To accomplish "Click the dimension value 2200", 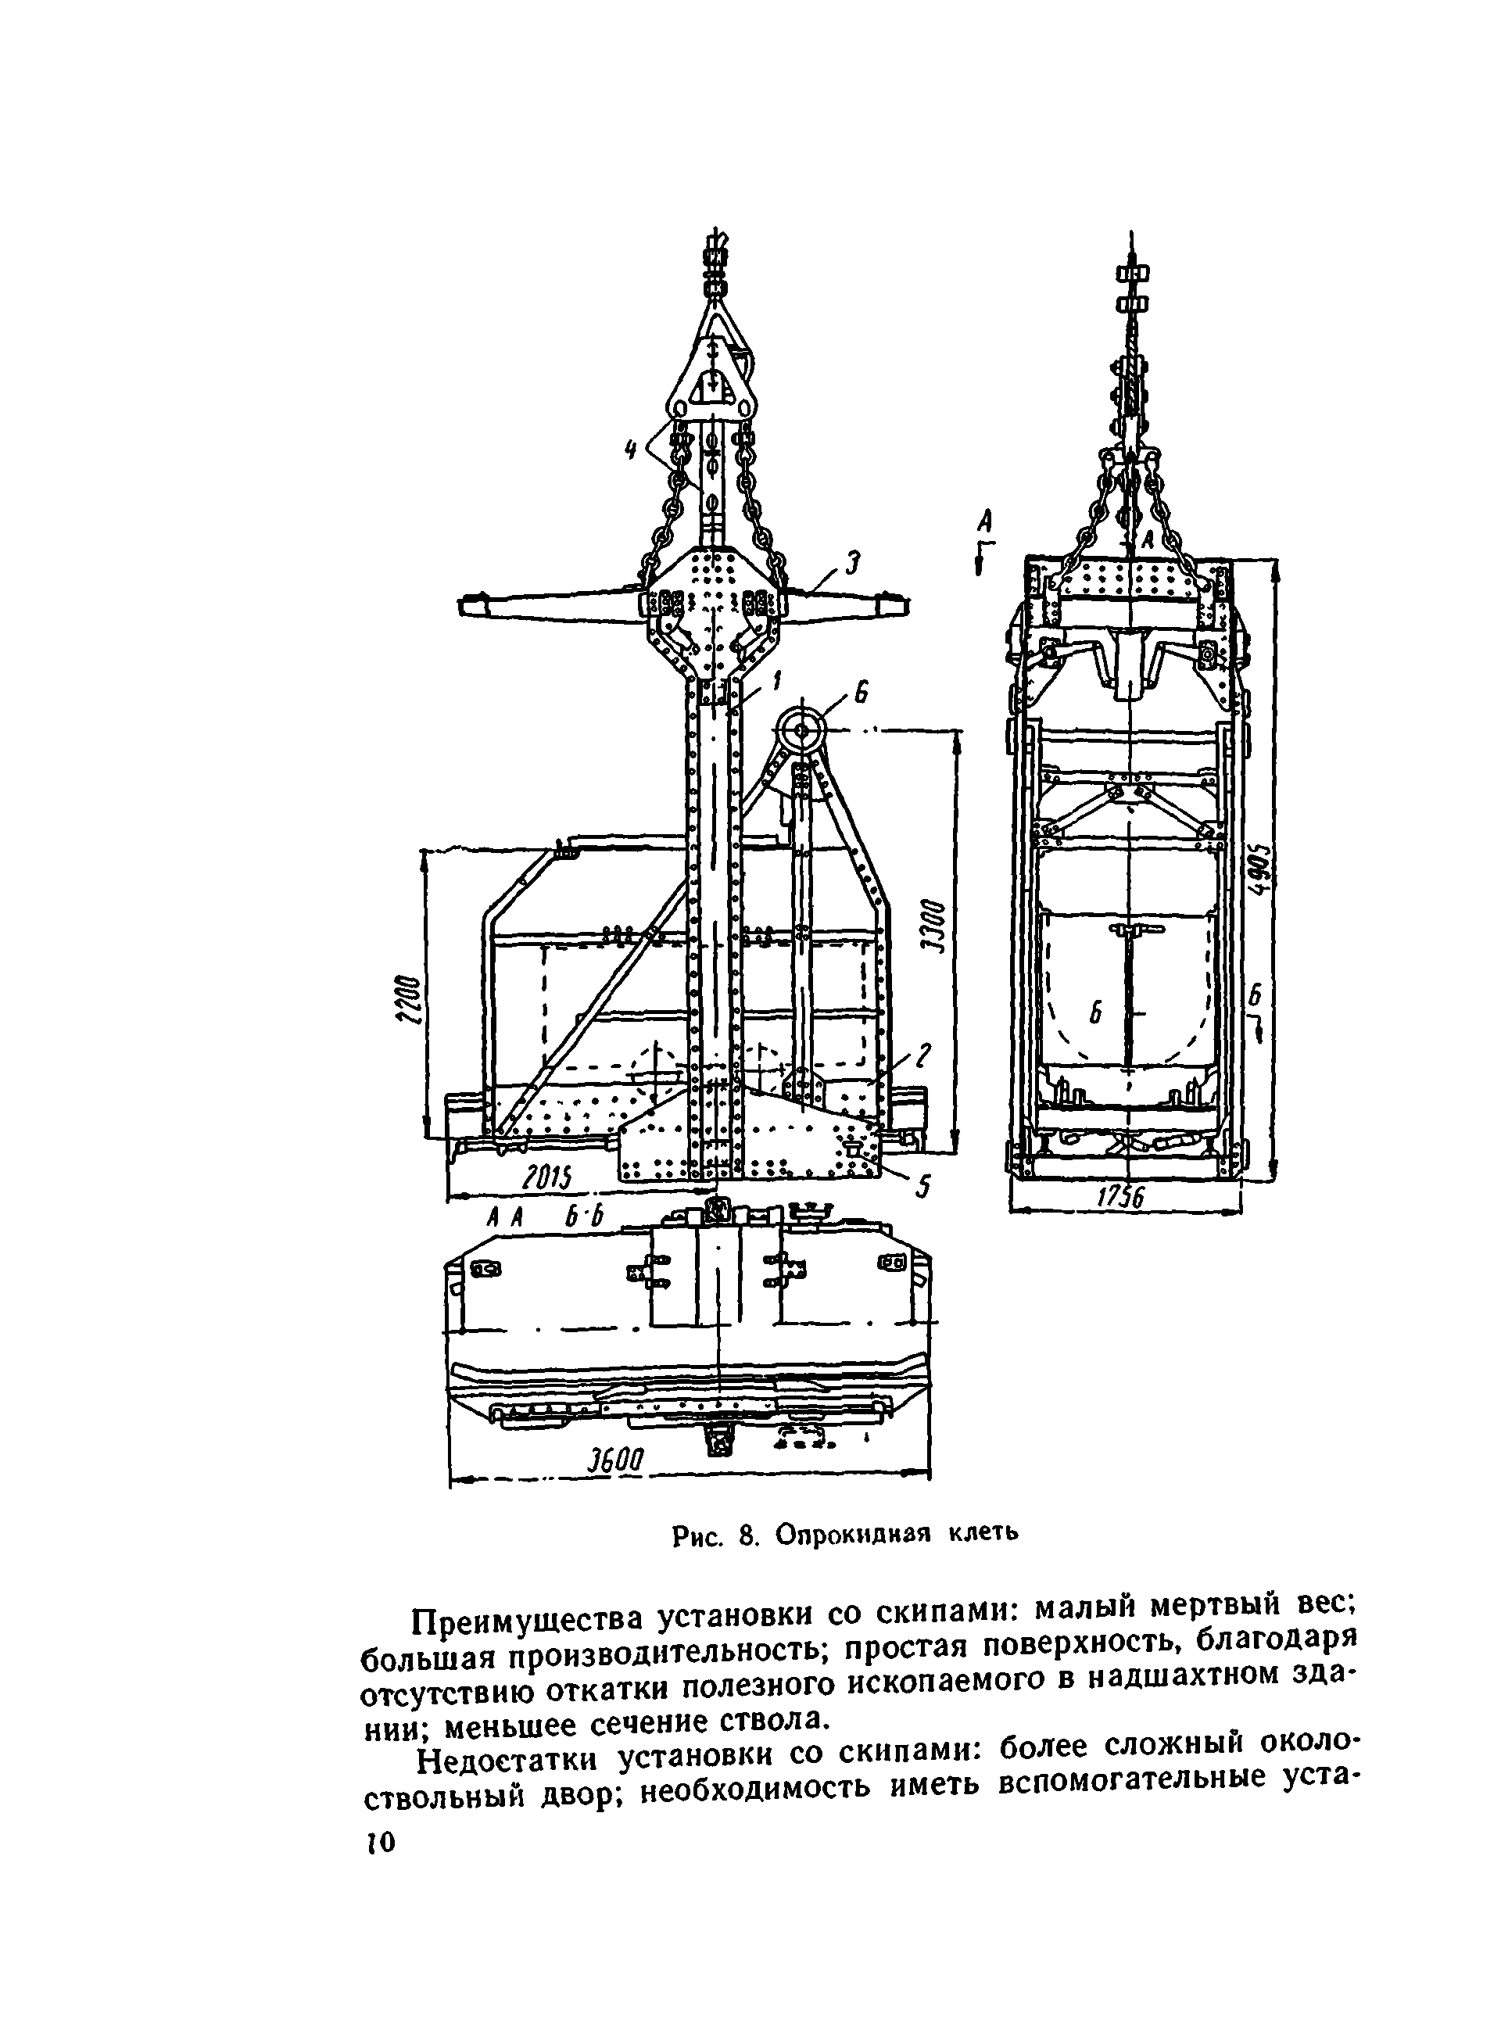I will click(411, 998).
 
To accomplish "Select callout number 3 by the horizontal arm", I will click(851, 564).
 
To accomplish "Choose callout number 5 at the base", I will click(922, 1188).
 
